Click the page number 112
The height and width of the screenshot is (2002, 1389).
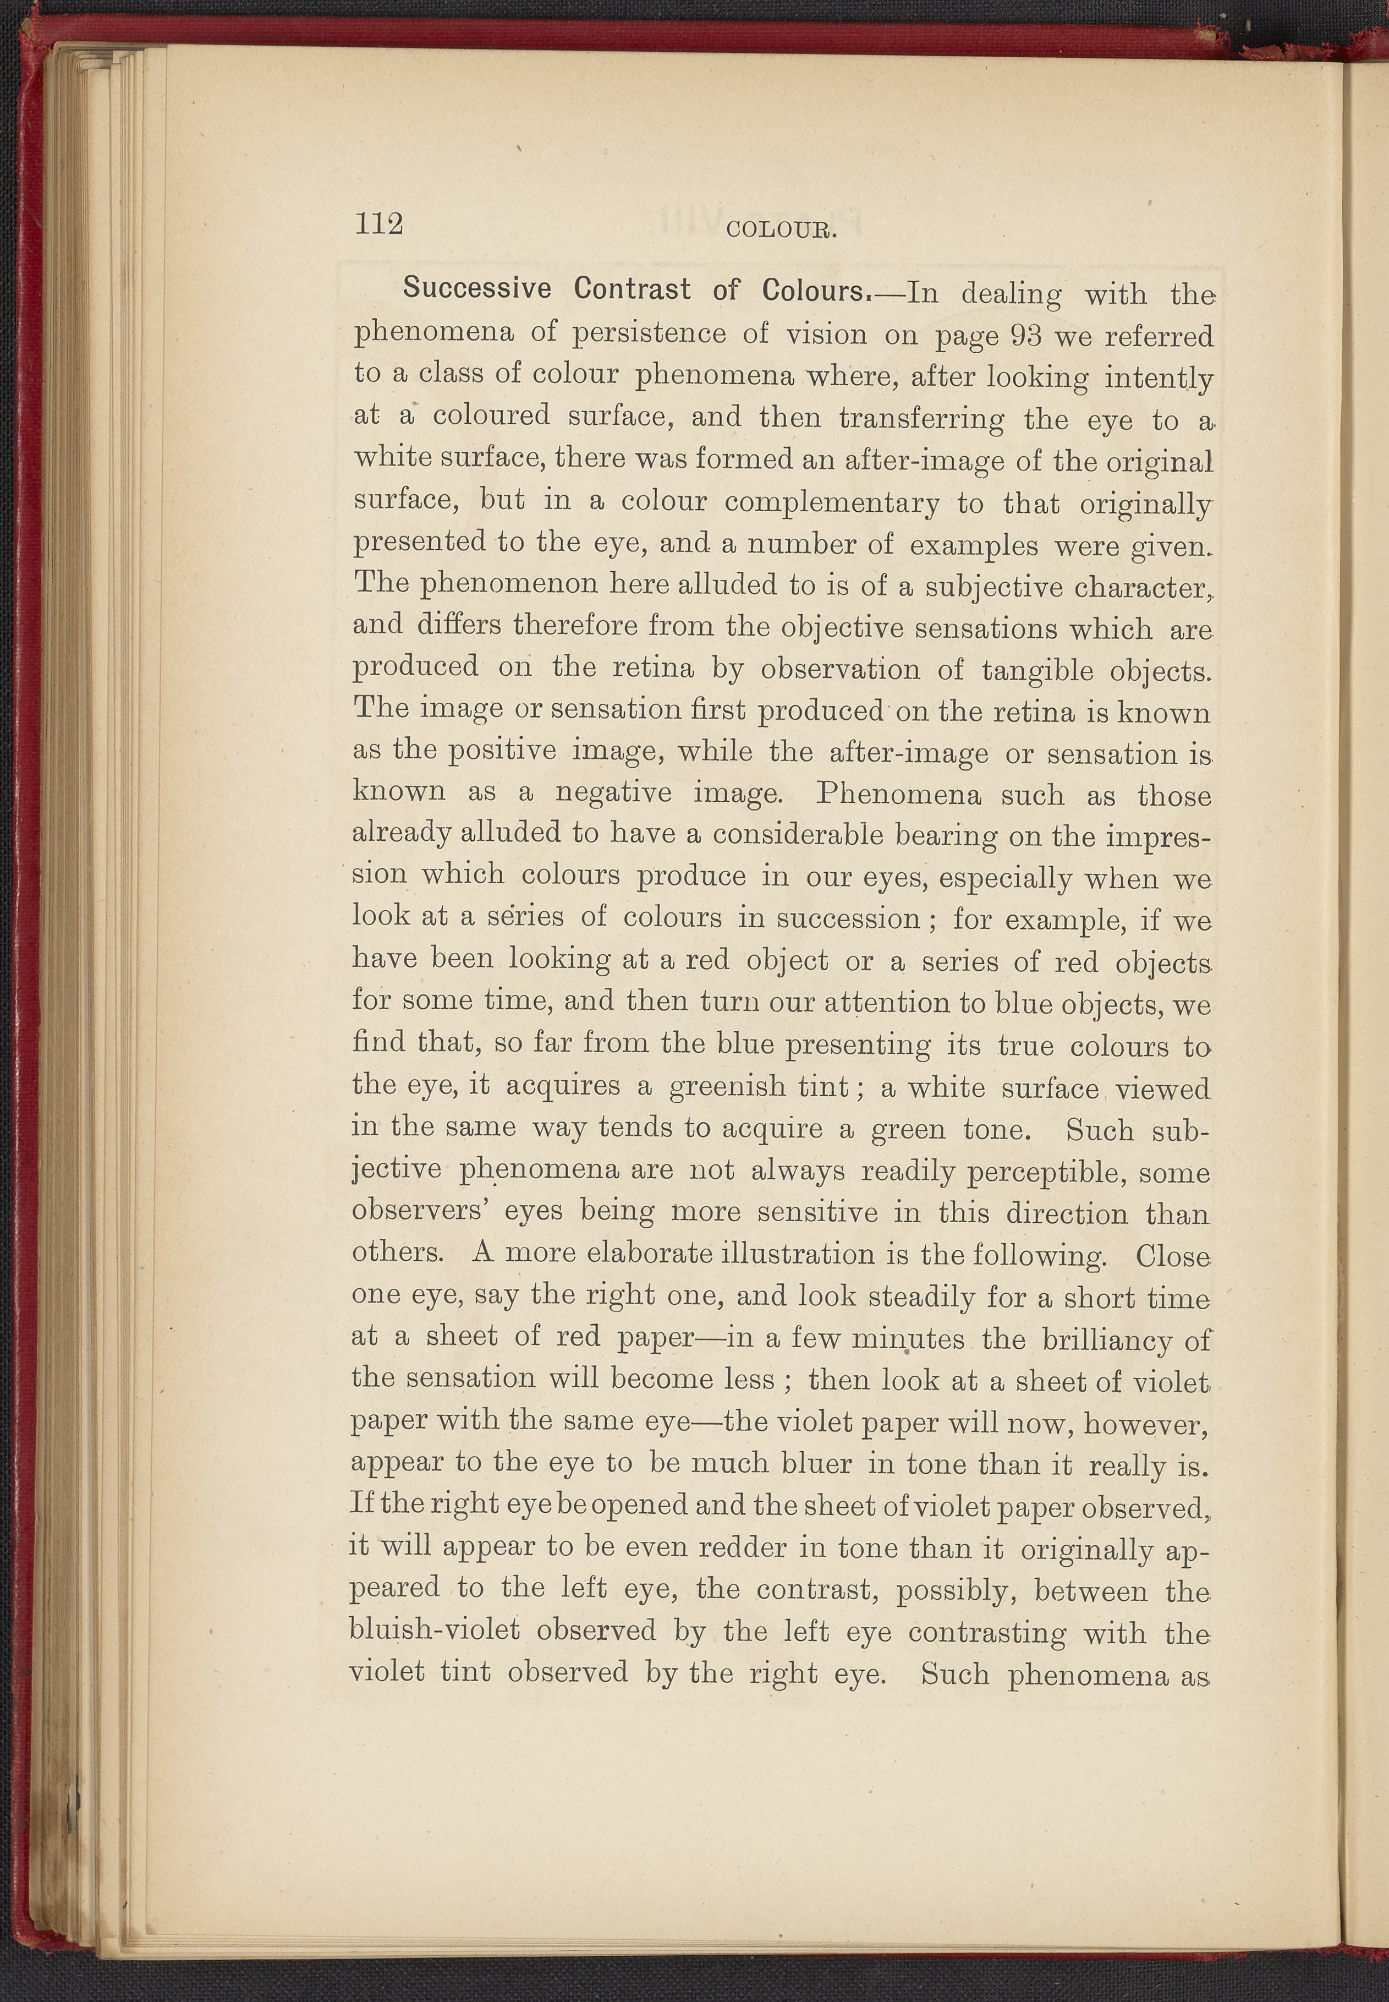coord(378,225)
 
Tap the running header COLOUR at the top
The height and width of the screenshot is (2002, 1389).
coord(780,231)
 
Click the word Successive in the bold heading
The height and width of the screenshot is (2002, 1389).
coord(476,289)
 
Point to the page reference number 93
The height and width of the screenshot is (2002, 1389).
coord(1028,335)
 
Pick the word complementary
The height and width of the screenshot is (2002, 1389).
coord(831,503)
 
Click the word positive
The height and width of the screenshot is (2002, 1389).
coord(501,750)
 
